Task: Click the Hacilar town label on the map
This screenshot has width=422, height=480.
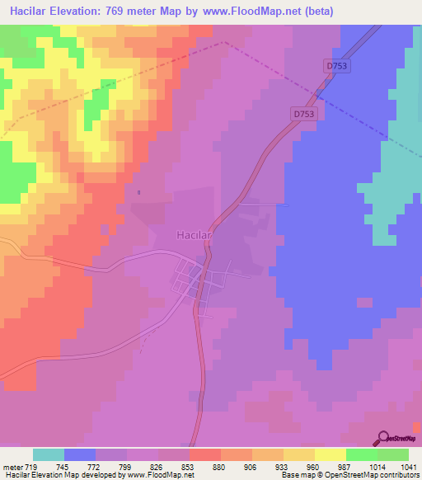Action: tap(195, 235)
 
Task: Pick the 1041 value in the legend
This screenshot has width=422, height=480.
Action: tap(409, 468)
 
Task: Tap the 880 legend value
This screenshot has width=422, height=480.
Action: tap(220, 468)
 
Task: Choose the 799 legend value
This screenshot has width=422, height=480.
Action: tap(126, 468)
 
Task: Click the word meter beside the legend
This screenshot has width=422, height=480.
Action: tap(11, 468)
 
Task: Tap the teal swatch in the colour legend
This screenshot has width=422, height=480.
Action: tap(49, 454)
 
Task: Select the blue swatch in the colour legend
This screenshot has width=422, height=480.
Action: tap(80, 454)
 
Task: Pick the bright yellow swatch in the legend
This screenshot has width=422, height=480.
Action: tap(331, 454)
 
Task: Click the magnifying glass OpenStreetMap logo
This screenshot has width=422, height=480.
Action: tap(382, 437)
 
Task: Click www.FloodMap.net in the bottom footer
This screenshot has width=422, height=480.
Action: tap(161, 475)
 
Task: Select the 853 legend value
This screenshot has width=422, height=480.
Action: tap(189, 468)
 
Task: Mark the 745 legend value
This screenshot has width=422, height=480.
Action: tap(63, 468)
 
